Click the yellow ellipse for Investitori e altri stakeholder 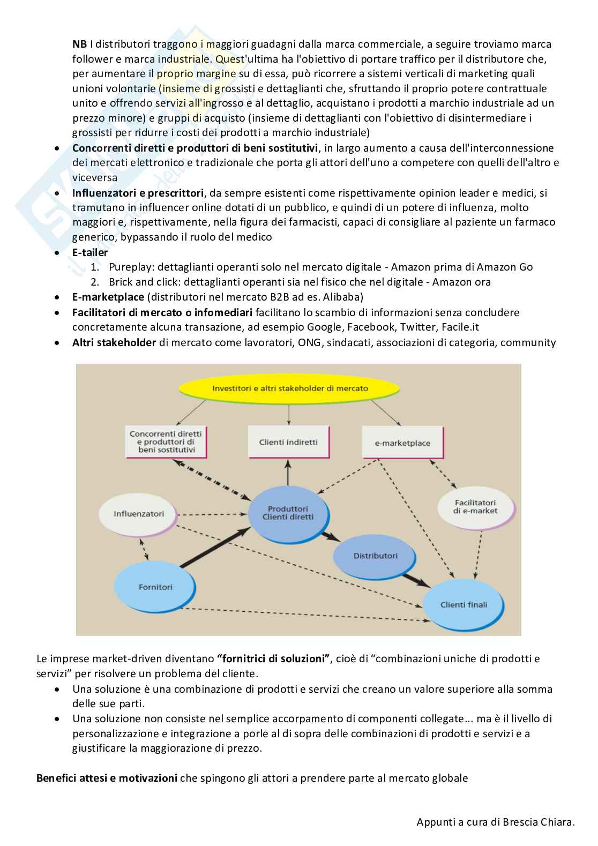click(x=290, y=388)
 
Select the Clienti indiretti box click(x=288, y=442)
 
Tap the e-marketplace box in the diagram click(x=402, y=443)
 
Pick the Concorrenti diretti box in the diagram click(x=166, y=441)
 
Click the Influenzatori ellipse click(x=139, y=514)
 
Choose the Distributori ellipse click(x=375, y=556)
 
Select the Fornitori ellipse click(x=155, y=587)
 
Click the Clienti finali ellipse click(x=464, y=604)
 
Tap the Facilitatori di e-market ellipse click(x=475, y=506)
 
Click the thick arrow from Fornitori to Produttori click(x=214, y=547)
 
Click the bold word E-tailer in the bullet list click(x=90, y=252)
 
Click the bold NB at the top click(x=79, y=44)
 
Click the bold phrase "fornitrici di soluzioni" click(x=273, y=658)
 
